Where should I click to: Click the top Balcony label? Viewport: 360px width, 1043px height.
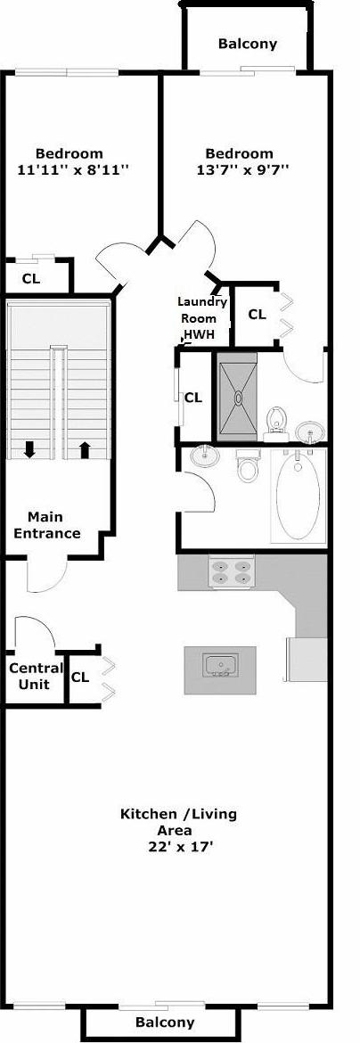[x=247, y=43]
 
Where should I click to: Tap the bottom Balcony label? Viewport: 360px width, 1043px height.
[x=165, y=1022]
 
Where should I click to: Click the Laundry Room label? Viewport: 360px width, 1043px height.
[x=201, y=309]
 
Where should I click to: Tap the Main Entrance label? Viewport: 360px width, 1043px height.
[x=53, y=525]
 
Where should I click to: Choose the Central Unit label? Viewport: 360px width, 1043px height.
[x=36, y=676]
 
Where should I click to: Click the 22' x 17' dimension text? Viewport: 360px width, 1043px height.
[x=180, y=847]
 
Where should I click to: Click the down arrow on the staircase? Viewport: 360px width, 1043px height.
[x=29, y=449]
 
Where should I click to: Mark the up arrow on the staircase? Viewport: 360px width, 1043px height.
[x=86, y=449]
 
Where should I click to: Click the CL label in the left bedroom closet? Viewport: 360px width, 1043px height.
[x=31, y=278]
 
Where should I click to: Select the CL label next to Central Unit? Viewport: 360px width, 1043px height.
[x=80, y=677]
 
